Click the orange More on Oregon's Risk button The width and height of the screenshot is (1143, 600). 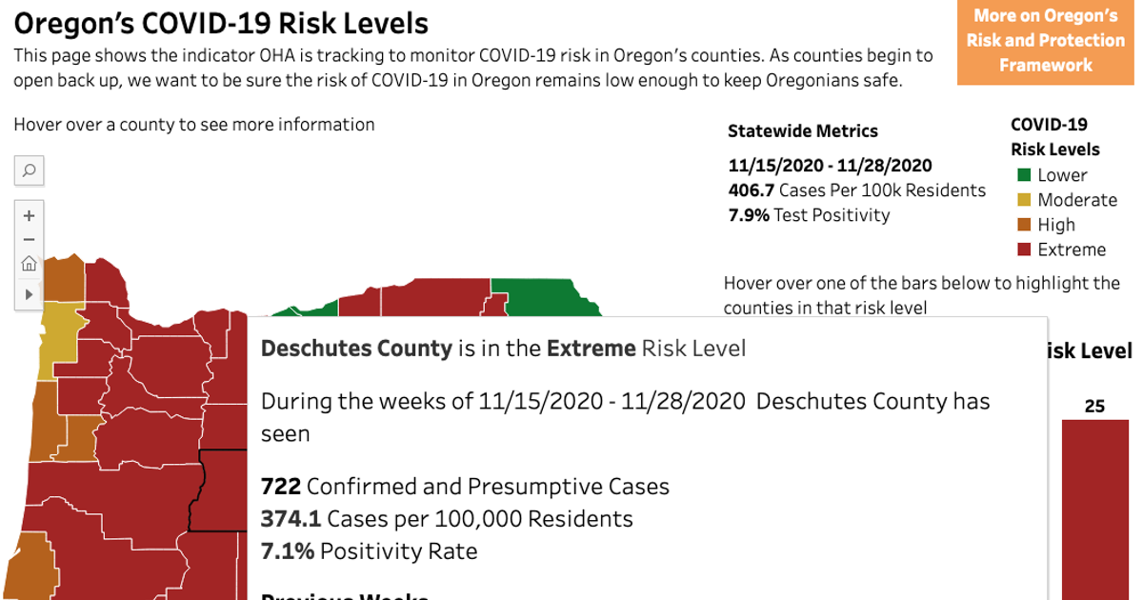click(x=1045, y=41)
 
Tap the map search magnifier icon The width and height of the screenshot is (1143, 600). click(x=29, y=170)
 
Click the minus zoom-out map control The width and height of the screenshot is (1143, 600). click(x=29, y=240)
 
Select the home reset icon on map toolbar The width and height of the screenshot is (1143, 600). click(x=29, y=265)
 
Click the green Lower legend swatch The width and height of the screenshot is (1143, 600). click(x=1024, y=175)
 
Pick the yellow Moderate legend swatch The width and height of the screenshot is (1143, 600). click(x=1024, y=200)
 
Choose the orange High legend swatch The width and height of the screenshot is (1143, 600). click(x=1024, y=225)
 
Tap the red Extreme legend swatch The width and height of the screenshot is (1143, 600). click(x=1024, y=250)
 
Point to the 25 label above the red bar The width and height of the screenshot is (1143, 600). click(x=1094, y=407)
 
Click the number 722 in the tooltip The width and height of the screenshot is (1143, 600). click(x=281, y=487)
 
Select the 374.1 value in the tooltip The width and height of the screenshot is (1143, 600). click(x=291, y=519)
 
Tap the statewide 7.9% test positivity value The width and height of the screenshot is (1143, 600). click(x=749, y=215)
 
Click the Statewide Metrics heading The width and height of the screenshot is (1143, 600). click(x=802, y=131)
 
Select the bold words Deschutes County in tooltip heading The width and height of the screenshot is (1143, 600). click(x=356, y=349)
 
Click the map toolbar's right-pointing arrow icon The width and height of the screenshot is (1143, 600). click(x=29, y=294)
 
